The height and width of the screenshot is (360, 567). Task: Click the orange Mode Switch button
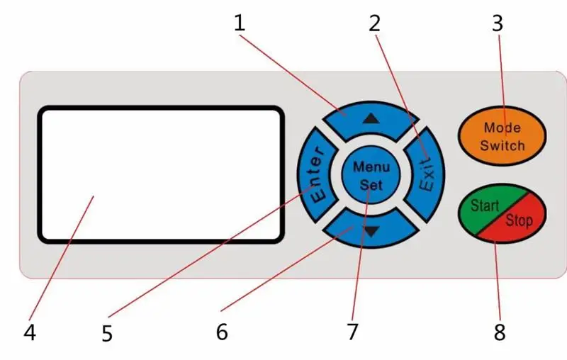[502, 136]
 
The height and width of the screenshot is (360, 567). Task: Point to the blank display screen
[161, 174]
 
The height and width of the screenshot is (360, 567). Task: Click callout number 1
[240, 23]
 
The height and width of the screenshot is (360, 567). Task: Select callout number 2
[374, 23]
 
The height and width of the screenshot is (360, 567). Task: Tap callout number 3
[498, 23]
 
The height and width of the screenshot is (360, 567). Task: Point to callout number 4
[29, 332]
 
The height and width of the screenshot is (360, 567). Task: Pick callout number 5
[107, 333]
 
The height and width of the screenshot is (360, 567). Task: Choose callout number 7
[352, 331]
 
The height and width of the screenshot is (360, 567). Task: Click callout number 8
[500, 332]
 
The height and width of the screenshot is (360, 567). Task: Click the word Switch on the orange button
[502, 146]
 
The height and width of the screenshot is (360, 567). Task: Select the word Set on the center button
[371, 185]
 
